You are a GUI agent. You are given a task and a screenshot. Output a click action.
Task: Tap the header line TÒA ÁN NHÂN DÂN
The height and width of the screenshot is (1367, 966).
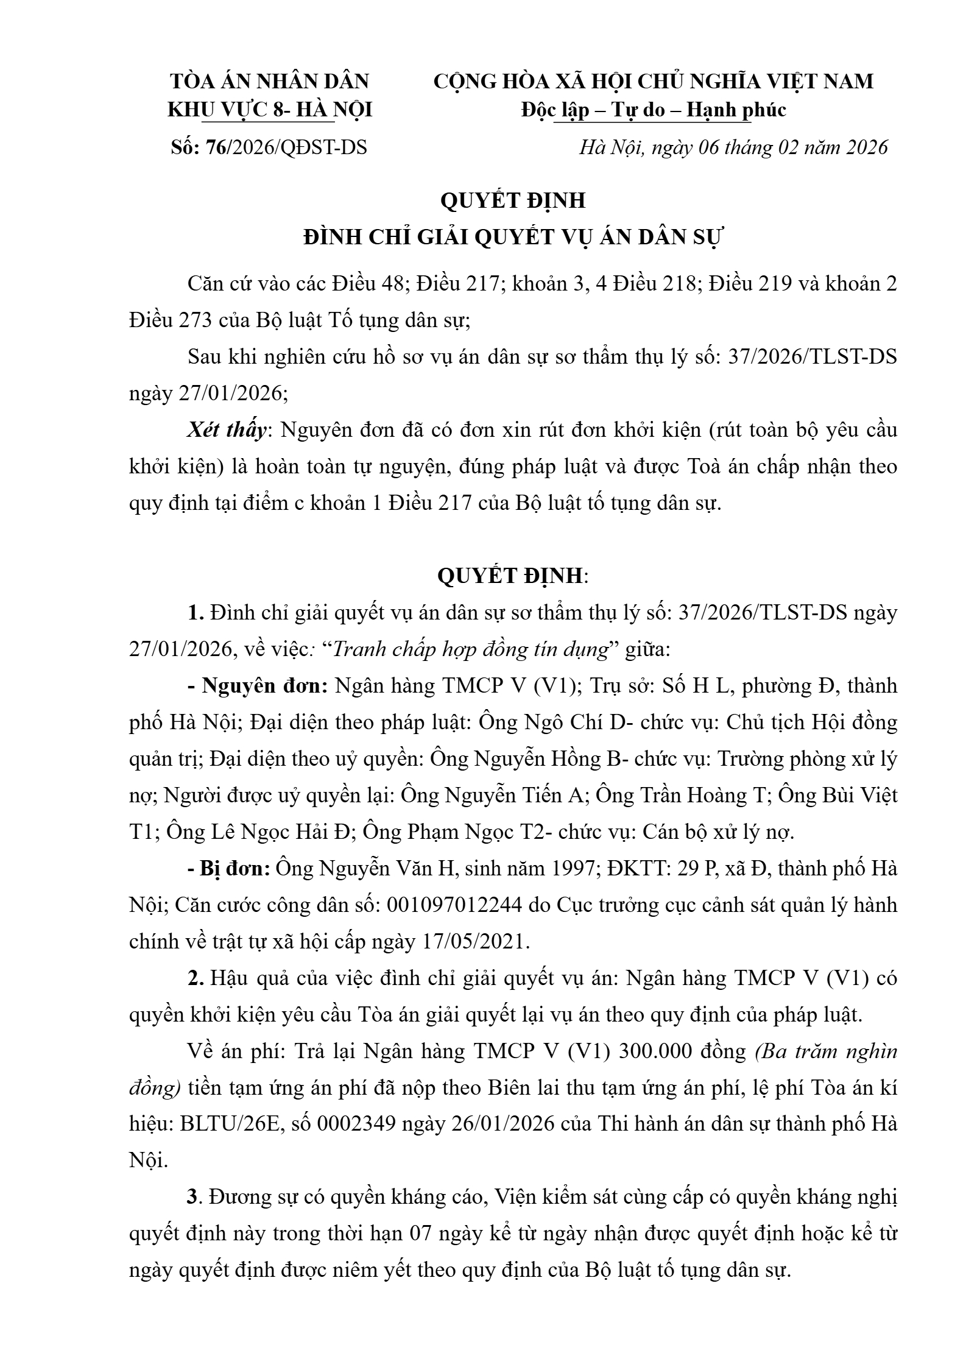(x=269, y=81)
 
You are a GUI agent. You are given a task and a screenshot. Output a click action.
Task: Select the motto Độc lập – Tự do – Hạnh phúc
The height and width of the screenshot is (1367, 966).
(x=654, y=110)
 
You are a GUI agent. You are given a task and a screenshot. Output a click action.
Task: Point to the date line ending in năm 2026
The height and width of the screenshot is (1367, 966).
(x=733, y=147)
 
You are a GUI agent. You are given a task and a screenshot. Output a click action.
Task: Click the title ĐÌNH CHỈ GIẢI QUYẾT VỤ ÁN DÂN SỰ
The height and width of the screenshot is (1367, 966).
(x=512, y=238)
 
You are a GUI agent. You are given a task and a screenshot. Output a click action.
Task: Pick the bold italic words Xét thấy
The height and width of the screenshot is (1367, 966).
(x=227, y=430)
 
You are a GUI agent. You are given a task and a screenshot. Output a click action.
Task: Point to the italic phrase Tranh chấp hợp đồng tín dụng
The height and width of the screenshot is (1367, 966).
(x=470, y=649)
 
